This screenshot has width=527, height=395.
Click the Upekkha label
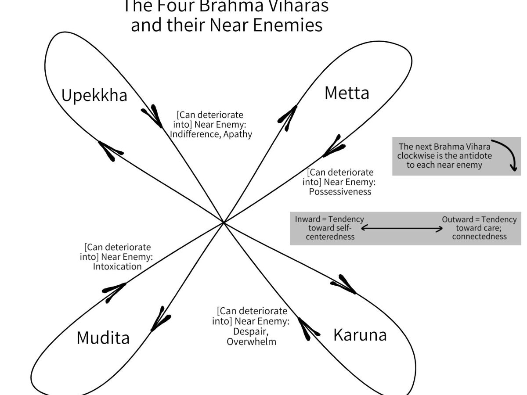click(x=94, y=95)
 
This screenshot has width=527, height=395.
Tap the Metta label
click(x=347, y=93)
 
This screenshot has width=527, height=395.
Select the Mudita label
click(x=103, y=338)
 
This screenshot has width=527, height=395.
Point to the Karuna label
click(x=360, y=335)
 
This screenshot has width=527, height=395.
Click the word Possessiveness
click(x=339, y=192)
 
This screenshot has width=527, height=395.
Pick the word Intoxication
click(x=117, y=266)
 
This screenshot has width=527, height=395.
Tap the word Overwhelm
click(x=251, y=341)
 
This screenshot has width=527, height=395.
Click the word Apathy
click(x=238, y=134)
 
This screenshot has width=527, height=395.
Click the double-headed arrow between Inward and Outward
click(x=401, y=229)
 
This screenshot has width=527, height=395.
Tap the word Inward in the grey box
click(x=307, y=219)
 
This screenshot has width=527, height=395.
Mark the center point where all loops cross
click(x=224, y=223)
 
